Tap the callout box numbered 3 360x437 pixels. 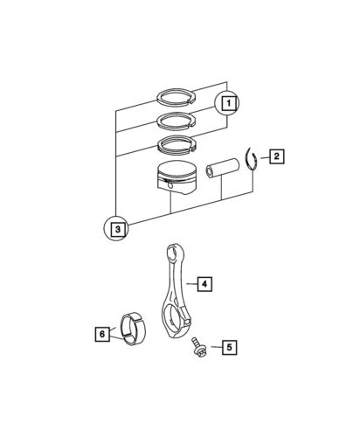118,230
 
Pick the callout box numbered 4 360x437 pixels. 202,284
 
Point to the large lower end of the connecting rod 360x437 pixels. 177,325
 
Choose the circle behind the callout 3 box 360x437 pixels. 108,230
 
